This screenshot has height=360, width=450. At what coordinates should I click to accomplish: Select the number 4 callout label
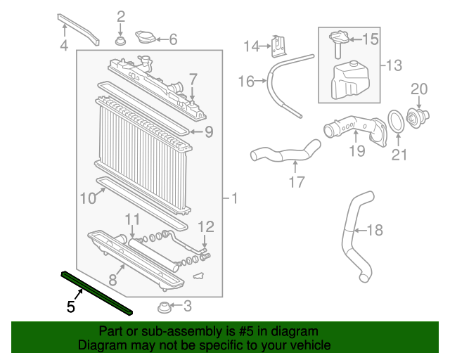[64, 46]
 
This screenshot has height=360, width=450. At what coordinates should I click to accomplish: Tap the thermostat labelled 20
[420, 115]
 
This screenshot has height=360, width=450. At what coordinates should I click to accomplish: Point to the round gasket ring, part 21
[397, 121]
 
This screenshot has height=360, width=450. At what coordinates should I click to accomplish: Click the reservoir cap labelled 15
[337, 39]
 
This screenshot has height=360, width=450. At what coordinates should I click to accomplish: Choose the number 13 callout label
[394, 66]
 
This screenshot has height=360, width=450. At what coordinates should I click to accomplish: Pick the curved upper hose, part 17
[286, 153]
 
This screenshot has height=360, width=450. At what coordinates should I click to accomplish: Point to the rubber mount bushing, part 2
[120, 42]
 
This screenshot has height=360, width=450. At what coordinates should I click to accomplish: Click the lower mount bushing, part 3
[163, 307]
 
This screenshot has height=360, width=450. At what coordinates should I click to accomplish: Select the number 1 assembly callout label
[233, 199]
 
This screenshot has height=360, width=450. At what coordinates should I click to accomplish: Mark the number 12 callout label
[205, 226]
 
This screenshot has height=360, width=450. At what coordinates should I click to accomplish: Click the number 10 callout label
[87, 199]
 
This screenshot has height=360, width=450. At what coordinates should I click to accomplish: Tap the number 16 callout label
[245, 82]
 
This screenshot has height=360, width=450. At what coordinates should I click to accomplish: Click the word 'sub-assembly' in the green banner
[169, 331]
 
